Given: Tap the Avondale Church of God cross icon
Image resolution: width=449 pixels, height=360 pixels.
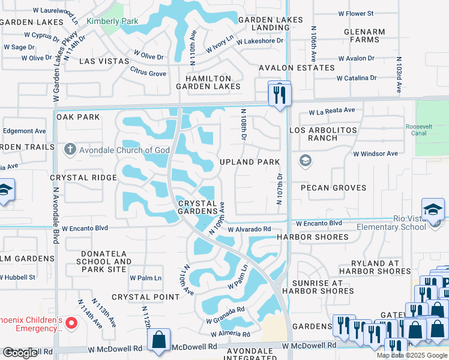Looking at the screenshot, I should tap(70, 149).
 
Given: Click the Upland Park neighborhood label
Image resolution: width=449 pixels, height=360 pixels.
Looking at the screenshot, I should tap(250, 162).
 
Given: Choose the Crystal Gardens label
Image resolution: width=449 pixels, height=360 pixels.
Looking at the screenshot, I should tap(197, 207).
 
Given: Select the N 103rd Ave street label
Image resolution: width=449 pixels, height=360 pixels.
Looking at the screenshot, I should tap(399, 74).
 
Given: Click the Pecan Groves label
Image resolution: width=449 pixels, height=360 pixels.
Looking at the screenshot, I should tap(333, 188).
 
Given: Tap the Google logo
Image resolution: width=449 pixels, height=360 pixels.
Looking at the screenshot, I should tap(20, 353).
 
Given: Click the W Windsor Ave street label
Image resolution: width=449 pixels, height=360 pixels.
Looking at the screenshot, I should tap(375, 154).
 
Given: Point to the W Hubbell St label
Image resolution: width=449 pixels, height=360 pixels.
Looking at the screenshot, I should tap(17, 278).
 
